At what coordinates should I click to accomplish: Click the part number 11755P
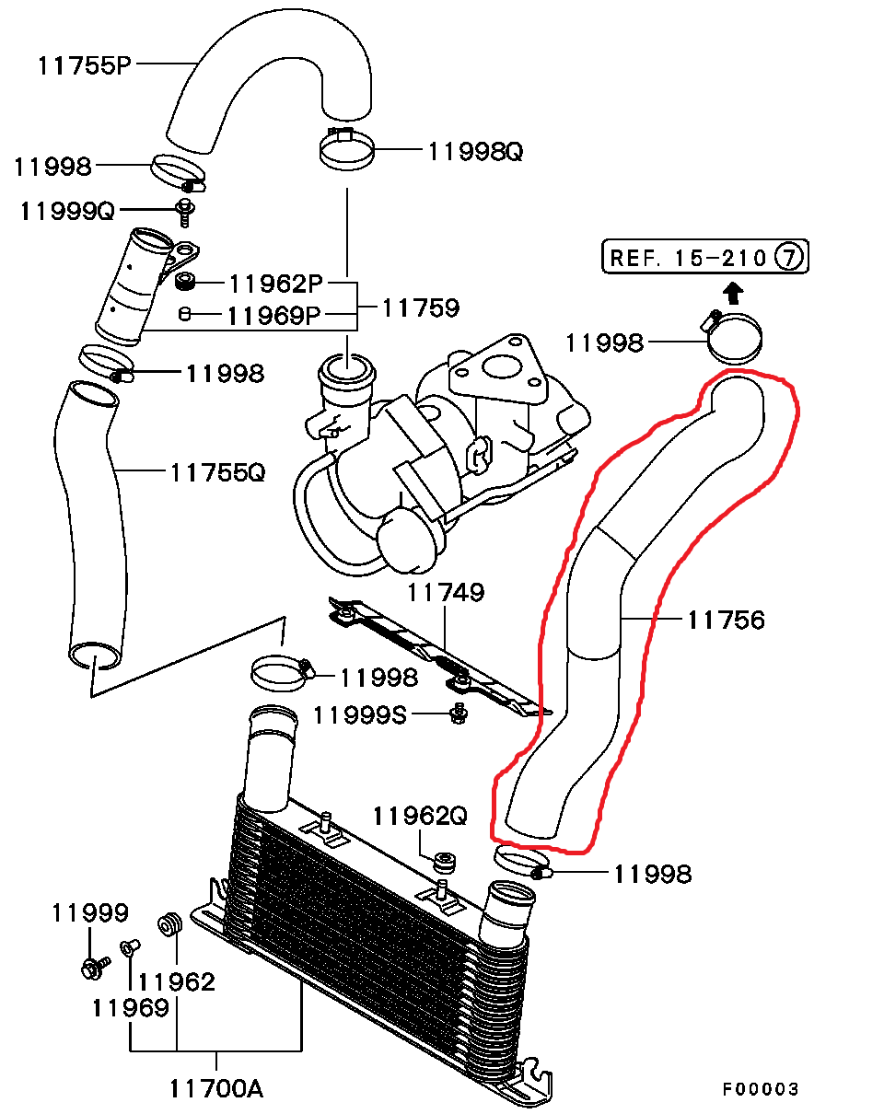(85, 65)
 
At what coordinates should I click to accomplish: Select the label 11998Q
(476, 151)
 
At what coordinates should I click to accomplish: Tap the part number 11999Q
(67, 211)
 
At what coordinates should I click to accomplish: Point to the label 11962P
(276, 284)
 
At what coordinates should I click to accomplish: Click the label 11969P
(274, 315)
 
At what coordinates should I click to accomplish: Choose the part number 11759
(421, 308)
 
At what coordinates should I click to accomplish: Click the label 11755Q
(217, 472)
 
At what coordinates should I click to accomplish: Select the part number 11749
(446, 592)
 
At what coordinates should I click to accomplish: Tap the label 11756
(726, 620)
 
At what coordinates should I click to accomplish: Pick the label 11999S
(360, 715)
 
